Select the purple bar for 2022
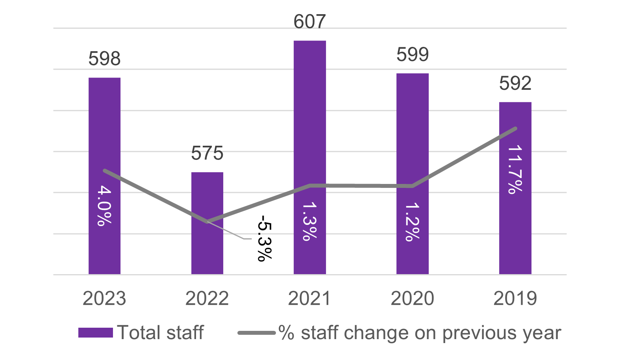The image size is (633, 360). (207, 252)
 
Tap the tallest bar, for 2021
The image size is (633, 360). (310, 118)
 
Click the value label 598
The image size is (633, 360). (104, 59)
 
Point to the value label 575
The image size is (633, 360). (207, 153)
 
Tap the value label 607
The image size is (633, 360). (310, 22)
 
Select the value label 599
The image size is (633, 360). (413, 54)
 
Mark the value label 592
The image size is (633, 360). (515, 84)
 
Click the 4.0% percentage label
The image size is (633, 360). (104, 206)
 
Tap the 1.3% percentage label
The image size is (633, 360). (310, 221)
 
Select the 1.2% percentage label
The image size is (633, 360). (413, 222)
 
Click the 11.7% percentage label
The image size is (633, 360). (515, 170)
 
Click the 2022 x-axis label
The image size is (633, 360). (207, 299)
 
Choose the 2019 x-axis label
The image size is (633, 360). (515, 299)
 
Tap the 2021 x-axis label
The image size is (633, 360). (310, 299)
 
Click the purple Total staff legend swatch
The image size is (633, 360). (96, 333)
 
